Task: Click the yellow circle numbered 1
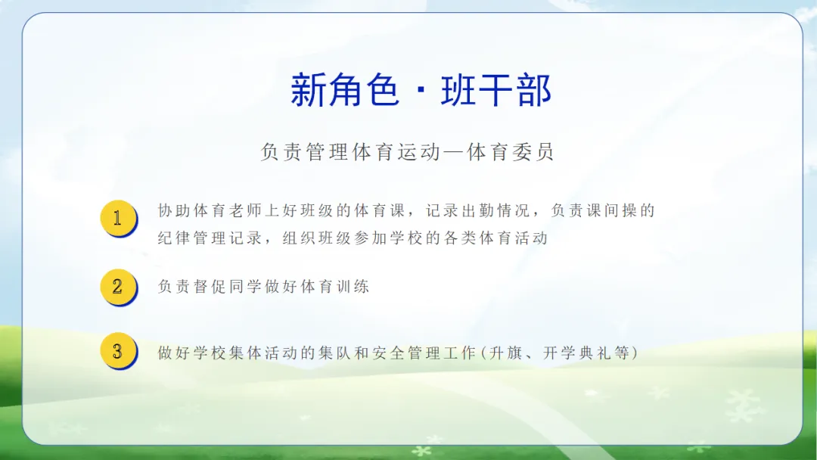pos(118,218)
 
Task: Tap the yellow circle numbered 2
pos(118,287)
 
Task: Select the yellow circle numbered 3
pos(118,350)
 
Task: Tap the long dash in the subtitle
pos(454,153)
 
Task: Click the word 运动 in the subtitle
pos(418,152)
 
